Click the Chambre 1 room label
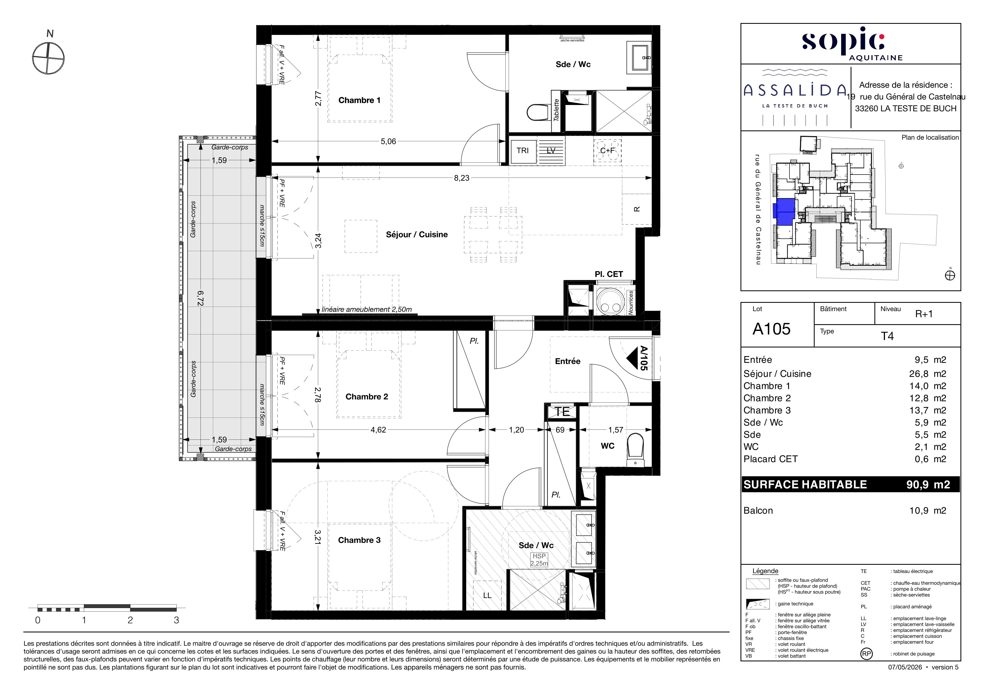click(359, 100)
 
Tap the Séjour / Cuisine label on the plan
click(417, 234)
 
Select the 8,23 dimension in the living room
click(462, 178)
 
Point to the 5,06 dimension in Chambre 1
click(388, 142)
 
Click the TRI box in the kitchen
click(522, 150)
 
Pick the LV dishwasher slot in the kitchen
click(551, 150)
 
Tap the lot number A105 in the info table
click(771, 329)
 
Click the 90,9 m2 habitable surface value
click(928, 485)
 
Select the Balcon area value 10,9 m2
click(927, 510)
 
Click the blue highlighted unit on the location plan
click(784, 212)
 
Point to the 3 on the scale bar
click(176, 620)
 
